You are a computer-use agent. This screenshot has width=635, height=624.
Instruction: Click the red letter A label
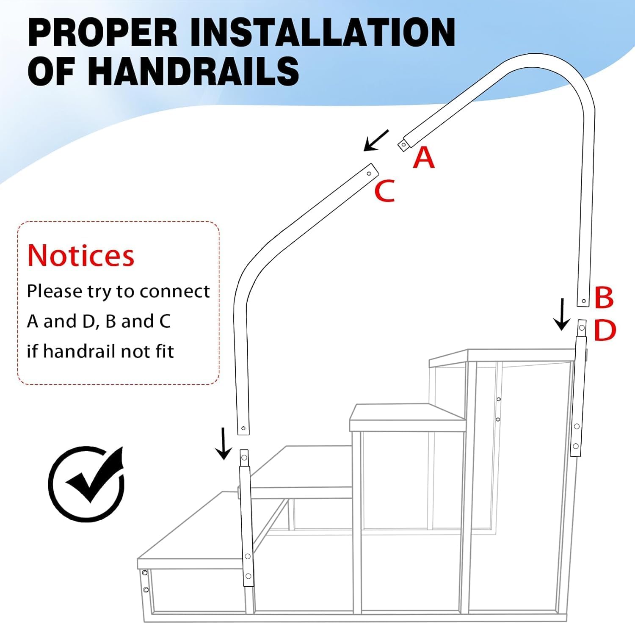click(x=424, y=157)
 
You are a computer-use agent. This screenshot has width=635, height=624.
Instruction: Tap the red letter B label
click(x=604, y=298)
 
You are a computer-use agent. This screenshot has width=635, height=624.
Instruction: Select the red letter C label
click(x=384, y=191)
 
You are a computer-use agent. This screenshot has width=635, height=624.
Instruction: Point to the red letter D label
click(x=605, y=330)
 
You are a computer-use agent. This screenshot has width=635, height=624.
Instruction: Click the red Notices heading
click(x=81, y=255)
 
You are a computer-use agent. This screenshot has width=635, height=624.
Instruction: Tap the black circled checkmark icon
click(x=87, y=483)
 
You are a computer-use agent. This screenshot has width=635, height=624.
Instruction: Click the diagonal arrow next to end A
click(x=376, y=140)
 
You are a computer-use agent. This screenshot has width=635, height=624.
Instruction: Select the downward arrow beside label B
click(x=562, y=314)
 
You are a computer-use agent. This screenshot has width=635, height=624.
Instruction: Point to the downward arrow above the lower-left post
click(x=223, y=443)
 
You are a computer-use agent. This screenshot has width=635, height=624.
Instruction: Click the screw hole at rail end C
click(x=369, y=174)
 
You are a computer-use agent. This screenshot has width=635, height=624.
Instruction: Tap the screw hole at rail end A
click(x=403, y=145)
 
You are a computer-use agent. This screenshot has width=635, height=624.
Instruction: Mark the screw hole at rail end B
click(x=584, y=301)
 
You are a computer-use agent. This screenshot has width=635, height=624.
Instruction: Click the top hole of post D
click(x=582, y=328)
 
